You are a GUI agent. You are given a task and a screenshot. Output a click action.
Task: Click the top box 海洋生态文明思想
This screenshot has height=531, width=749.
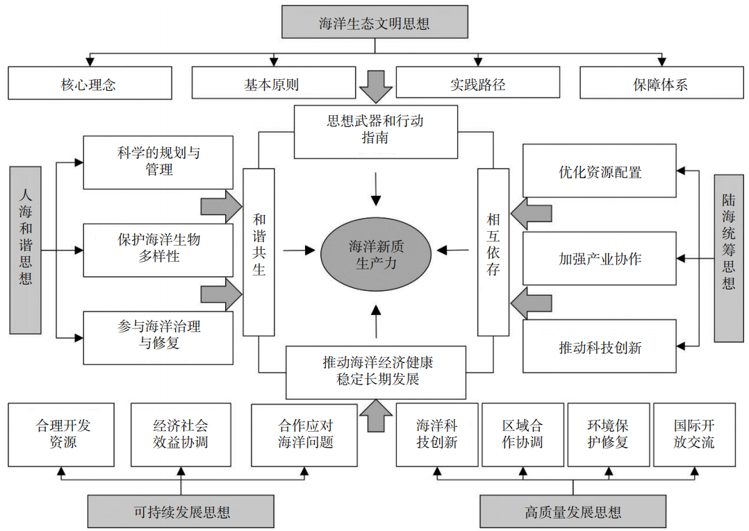374,22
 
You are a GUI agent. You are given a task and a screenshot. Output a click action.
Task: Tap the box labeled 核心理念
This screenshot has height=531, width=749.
90,83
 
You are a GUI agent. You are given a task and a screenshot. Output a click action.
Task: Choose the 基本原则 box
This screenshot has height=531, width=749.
271,83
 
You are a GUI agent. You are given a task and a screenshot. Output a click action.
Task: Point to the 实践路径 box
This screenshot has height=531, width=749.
477,83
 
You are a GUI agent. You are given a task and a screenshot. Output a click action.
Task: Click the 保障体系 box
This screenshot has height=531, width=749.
660,83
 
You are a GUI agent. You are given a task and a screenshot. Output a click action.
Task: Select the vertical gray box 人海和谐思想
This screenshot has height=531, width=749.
26,250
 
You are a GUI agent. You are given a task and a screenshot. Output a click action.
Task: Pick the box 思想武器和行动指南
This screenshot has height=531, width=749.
375,130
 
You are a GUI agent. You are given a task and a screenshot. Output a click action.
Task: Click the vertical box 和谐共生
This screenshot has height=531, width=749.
258,253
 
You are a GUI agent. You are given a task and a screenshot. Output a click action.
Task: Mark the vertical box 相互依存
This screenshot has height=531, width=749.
493,253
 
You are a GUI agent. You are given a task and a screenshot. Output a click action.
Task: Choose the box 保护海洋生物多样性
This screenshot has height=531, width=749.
158,248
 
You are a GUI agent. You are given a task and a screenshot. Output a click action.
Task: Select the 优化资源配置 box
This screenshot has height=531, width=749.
599,171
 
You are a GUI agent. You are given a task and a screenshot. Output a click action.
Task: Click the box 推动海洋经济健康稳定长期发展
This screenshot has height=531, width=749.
376,371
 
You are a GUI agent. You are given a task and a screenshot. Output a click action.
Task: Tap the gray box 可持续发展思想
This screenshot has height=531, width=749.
181,512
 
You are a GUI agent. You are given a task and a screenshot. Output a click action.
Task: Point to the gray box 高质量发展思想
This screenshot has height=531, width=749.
573,512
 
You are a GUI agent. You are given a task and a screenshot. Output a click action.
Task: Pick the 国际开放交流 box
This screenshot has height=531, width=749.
693,435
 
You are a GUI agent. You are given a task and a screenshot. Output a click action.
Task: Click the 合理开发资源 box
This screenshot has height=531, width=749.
62,435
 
